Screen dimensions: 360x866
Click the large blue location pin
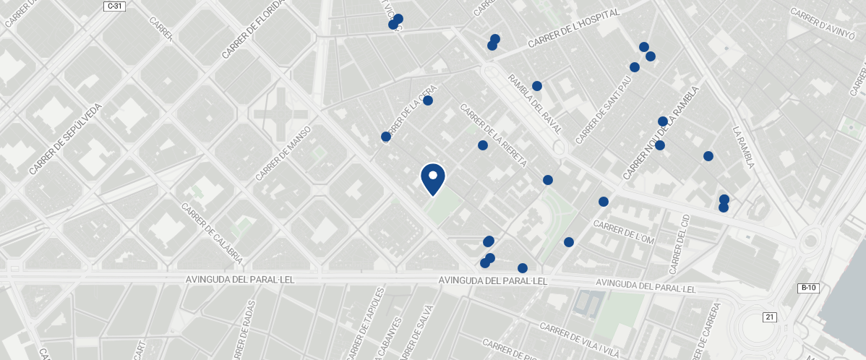click(432, 179)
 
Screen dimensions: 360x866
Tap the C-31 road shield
click(114, 6)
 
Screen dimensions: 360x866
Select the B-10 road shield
click(808, 288)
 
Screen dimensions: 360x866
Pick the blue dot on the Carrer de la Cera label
click(428, 100)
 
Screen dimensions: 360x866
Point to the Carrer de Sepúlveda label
click(66, 139)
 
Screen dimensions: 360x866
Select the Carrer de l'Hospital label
click(574, 30)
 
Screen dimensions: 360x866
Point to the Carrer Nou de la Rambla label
click(661, 134)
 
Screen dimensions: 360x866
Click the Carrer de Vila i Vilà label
click(580, 340)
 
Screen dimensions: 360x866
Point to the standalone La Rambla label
click(743, 148)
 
